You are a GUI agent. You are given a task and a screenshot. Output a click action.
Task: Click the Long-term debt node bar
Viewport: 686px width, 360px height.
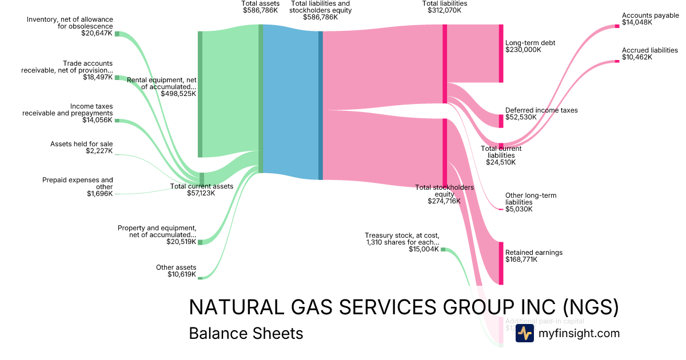click(501, 53)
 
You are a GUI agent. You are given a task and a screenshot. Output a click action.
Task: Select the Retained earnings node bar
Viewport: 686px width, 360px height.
click(501, 263)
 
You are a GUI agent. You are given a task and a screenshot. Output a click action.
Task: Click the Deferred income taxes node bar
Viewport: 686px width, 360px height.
click(501, 121)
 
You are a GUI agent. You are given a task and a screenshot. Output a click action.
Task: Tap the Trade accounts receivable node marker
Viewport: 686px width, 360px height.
click(117, 77)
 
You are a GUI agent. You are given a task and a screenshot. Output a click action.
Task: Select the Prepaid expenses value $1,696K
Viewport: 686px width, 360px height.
click(99, 194)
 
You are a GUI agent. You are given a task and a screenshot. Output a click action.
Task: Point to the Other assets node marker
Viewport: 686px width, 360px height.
click(200, 278)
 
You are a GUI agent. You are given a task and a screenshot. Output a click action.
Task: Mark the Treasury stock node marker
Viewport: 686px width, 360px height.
click(442, 249)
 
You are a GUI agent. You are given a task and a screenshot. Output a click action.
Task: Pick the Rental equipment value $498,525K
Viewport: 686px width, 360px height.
click(178, 93)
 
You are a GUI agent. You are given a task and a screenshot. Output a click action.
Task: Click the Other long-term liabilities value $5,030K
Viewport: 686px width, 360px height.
click(519, 209)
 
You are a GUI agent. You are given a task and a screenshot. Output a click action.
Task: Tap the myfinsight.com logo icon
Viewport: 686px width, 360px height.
click(524, 333)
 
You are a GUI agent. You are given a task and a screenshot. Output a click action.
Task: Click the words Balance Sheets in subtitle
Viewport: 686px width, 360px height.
click(246, 333)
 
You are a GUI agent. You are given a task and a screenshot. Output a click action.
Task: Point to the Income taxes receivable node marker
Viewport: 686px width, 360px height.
click(117, 121)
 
